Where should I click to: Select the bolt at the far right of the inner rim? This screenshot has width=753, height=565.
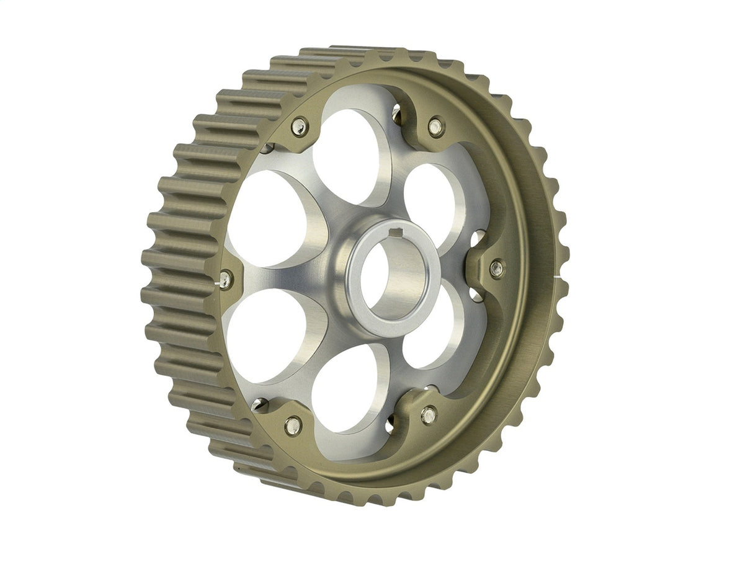coord(496,269)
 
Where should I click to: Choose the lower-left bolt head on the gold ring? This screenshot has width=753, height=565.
coord(293,425)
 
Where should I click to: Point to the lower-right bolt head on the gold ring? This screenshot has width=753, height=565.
coord(428,415)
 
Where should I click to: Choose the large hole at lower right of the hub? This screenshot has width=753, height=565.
coord(430,329)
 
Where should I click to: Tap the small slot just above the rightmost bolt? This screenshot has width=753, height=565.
coord(478,236)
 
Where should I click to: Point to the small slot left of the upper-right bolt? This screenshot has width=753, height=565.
coord(396,112)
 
